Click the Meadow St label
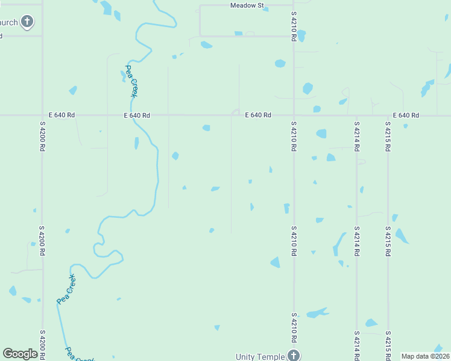[x=247, y=5]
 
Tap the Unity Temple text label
[x=260, y=357]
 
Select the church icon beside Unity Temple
[x=294, y=355]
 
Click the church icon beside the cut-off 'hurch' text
[x=27, y=22]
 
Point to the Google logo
[x=20, y=354]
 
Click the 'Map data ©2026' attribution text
[x=424, y=356]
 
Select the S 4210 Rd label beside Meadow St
[x=294, y=25]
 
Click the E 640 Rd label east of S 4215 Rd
[x=406, y=115]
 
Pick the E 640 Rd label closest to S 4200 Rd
[x=62, y=115]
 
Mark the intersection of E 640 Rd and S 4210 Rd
[x=294, y=115]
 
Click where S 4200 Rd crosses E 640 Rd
[x=42, y=115]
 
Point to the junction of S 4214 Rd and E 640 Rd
[x=357, y=116]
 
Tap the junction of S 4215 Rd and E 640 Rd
[x=388, y=116]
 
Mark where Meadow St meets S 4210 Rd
[x=294, y=5]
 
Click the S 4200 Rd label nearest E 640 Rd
[x=42, y=138]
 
